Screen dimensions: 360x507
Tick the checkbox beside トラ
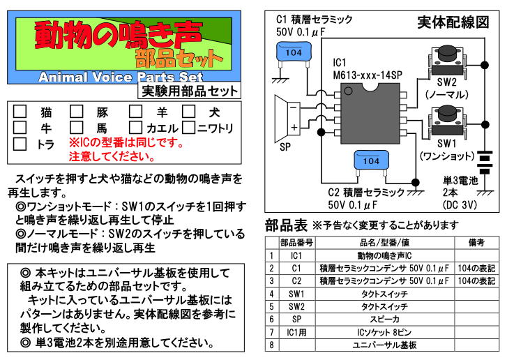20,144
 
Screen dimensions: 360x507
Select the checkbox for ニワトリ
188,128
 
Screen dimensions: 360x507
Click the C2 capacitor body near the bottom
372,161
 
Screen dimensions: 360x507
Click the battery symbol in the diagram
482,164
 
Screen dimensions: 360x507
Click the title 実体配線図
453,22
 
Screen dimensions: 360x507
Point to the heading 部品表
286,225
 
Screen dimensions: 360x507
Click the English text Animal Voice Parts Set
121,76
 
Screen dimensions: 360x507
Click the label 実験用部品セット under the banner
190,91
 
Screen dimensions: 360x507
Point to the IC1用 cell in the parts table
296,332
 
